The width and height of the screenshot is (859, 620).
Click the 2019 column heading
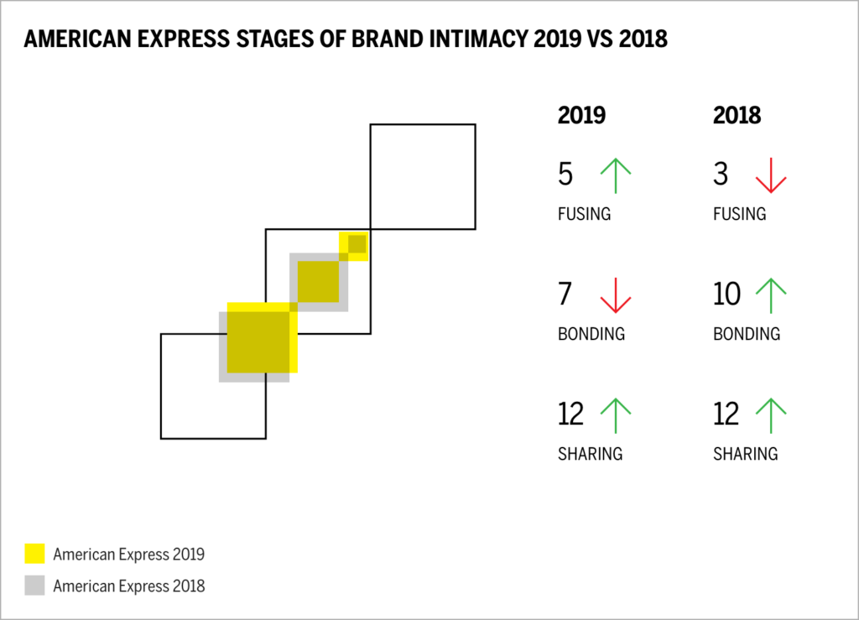(581, 116)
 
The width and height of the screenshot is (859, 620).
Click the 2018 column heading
(737, 116)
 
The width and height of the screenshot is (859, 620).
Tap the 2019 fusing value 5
(565, 175)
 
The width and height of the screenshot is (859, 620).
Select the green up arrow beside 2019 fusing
(615, 175)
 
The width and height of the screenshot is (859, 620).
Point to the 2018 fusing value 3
(721, 175)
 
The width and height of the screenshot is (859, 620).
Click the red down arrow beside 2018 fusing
(770, 175)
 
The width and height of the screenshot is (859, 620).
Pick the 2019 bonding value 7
(565, 294)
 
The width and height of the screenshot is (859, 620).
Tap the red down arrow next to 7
(615, 295)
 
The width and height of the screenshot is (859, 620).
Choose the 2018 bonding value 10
(726, 294)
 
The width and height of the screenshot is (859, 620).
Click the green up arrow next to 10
(770, 295)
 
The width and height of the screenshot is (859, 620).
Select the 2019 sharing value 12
(572, 414)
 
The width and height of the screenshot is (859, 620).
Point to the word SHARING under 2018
(745, 454)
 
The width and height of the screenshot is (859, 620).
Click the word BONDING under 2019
(591, 334)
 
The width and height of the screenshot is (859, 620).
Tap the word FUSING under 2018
(739, 214)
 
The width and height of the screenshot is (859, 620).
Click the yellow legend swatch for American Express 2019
(34, 554)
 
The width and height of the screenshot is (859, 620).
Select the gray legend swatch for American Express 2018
(34, 586)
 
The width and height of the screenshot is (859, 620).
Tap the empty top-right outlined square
(423, 176)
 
